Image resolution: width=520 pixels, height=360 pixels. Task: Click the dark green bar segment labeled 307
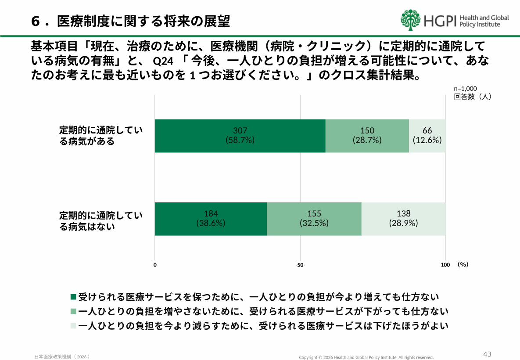pyautogui.click(x=240, y=136)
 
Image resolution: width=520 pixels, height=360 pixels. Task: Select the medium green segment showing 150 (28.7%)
pyautogui.click(x=367, y=136)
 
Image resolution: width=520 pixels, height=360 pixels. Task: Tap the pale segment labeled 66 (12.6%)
pyautogui.click(x=427, y=136)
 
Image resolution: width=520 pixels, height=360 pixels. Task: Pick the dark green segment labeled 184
pyautogui.click(x=211, y=219)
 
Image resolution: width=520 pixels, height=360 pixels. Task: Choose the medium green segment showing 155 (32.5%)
pyautogui.click(x=314, y=219)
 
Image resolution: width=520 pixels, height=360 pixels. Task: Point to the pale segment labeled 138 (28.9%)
pyautogui.click(x=403, y=219)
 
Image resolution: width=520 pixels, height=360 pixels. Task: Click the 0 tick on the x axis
pyautogui.click(x=155, y=265)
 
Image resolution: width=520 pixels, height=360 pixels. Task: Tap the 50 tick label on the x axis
pyautogui.click(x=300, y=265)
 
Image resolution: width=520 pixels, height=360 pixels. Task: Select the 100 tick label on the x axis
pyautogui.click(x=445, y=265)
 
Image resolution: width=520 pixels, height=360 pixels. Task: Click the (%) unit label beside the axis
pyautogui.click(x=463, y=264)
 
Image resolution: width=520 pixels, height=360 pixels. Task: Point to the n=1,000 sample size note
pyautogui.click(x=465, y=88)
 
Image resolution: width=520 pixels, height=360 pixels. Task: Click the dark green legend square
pyautogui.click(x=73, y=297)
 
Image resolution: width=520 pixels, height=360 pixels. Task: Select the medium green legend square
pyautogui.click(x=73, y=312)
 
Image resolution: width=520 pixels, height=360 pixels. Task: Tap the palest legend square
pyautogui.click(x=73, y=326)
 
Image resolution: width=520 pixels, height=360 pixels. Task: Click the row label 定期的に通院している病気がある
pyautogui.click(x=101, y=136)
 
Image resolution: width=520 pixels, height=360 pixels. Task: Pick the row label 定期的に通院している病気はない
pyautogui.click(x=101, y=221)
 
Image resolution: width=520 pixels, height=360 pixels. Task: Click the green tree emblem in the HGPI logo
pyautogui.click(x=410, y=20)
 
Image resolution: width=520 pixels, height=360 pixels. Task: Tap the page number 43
pyautogui.click(x=487, y=354)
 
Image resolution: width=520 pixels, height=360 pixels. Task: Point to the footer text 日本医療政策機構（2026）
pyautogui.click(x=62, y=356)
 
